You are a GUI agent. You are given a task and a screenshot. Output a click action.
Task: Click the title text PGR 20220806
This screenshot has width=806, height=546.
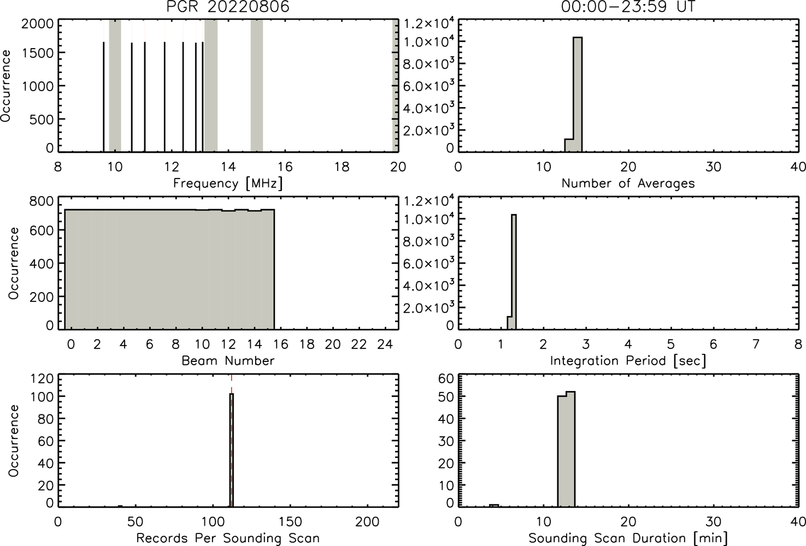[x=228, y=7]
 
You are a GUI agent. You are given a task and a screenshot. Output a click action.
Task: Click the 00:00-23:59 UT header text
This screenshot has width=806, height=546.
[x=628, y=7]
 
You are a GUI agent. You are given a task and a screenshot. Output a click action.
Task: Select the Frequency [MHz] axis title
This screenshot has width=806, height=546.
[x=228, y=183]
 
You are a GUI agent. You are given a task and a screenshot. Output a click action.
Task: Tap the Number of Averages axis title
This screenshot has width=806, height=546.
[x=628, y=183]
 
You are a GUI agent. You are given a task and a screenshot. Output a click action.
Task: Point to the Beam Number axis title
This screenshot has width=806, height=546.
[x=228, y=360]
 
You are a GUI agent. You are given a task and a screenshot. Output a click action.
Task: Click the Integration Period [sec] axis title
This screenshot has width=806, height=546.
[x=628, y=360]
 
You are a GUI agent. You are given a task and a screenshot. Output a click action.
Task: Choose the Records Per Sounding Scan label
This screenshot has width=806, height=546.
[x=228, y=538]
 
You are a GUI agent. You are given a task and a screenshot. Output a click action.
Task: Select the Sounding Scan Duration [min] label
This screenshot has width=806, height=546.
[x=628, y=538]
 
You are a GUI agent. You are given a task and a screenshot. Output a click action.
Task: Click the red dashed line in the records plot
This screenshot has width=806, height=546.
[x=231, y=441]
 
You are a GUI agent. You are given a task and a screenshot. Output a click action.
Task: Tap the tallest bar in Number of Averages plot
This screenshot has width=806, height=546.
[x=578, y=94]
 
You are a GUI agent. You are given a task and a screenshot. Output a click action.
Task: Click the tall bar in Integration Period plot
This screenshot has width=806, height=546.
[x=514, y=272]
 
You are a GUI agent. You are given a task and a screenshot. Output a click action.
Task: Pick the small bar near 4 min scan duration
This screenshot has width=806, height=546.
[x=493, y=506]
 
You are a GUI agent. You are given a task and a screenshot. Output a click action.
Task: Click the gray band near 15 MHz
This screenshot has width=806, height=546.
[x=256, y=86]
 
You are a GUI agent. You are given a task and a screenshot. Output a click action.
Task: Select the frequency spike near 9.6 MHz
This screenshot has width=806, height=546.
[x=104, y=97]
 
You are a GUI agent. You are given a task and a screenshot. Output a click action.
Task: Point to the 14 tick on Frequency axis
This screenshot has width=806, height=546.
[x=228, y=167]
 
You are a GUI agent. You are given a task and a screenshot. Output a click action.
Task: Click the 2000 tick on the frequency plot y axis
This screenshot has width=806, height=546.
[x=37, y=23]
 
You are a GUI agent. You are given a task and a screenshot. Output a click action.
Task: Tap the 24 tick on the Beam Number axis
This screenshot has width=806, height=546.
[x=385, y=345]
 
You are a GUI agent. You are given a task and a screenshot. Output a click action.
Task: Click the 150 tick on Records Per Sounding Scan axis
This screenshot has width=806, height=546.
[x=290, y=521]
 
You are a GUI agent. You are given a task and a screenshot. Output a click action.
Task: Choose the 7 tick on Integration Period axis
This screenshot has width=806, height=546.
[x=756, y=345]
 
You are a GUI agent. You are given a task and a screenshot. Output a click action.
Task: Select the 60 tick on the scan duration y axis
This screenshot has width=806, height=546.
[x=446, y=378]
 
